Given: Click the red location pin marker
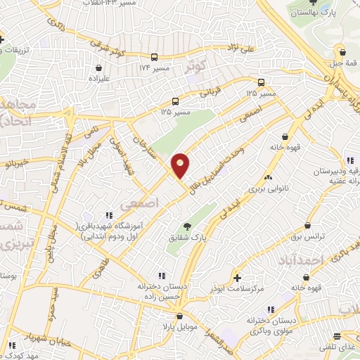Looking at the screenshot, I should click(x=181, y=165).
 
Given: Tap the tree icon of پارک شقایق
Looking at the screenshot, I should click(x=187, y=226).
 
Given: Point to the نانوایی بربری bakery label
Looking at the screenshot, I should click(x=266, y=188).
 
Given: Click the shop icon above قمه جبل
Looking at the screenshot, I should click(x=342, y=51).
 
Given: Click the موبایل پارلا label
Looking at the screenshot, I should click(x=179, y=326).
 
